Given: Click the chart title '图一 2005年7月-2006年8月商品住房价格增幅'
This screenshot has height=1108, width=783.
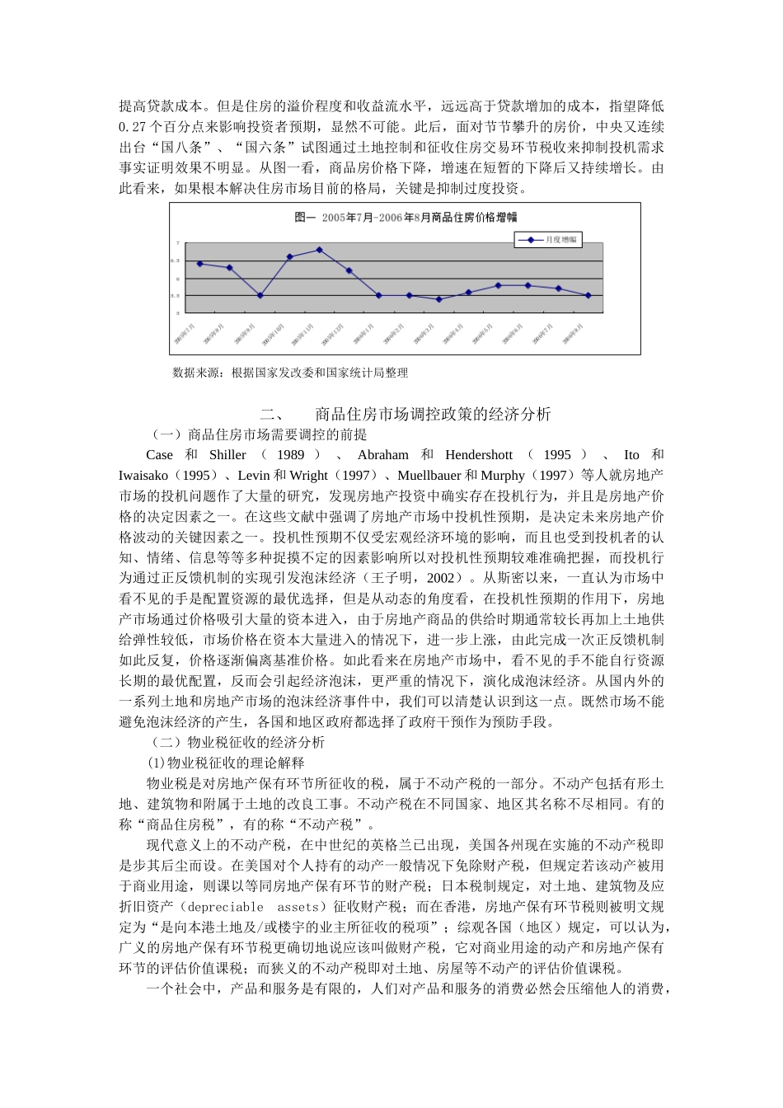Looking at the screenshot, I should (406, 218).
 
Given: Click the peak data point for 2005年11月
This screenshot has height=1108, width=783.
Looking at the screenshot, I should (320, 250).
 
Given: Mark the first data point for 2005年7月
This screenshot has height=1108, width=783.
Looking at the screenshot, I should (200, 264).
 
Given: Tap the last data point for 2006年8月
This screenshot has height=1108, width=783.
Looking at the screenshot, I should (588, 295).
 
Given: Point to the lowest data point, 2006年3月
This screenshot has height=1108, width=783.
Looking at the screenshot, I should (439, 299).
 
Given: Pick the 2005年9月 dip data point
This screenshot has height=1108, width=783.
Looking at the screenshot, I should (260, 295).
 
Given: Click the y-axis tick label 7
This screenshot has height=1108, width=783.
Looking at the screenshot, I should (177, 243).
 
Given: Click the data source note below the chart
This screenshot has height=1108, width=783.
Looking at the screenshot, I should (290, 373).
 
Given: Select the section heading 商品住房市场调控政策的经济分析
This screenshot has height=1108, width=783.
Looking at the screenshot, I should (433, 414).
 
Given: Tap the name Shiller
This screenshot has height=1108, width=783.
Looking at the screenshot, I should (227, 455).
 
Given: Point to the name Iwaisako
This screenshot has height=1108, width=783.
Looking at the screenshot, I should (143, 476).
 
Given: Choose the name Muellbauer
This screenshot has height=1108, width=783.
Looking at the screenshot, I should (429, 476).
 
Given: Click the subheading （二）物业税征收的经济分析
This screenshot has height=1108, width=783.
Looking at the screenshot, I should (238, 742).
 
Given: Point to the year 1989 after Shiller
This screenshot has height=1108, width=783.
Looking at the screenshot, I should (290, 455).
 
